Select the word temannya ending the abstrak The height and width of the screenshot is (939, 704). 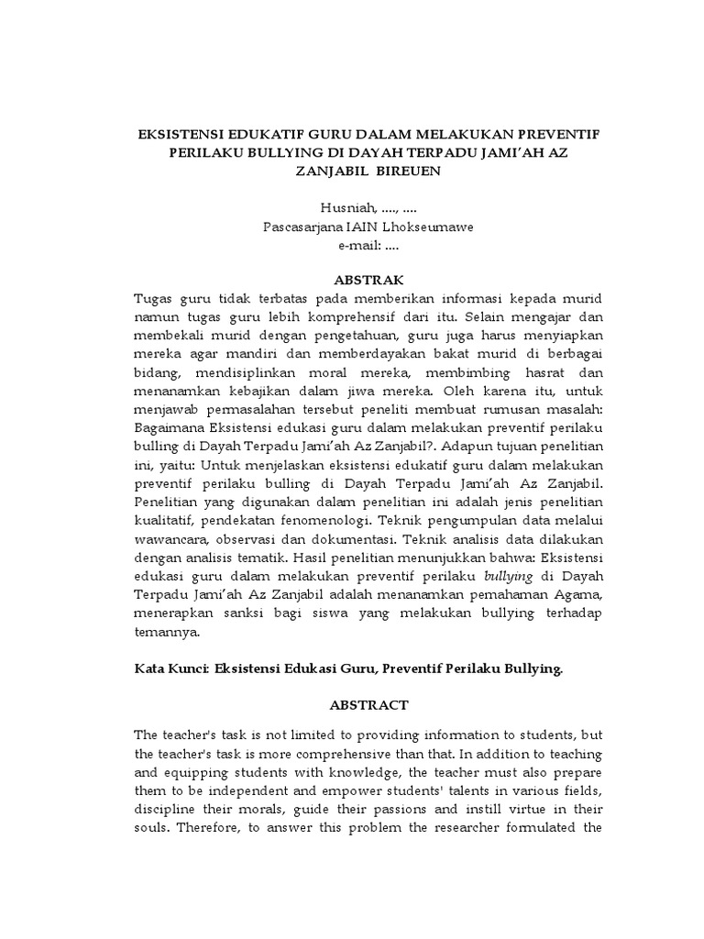click(x=166, y=633)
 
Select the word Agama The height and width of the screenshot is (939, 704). click(x=580, y=597)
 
